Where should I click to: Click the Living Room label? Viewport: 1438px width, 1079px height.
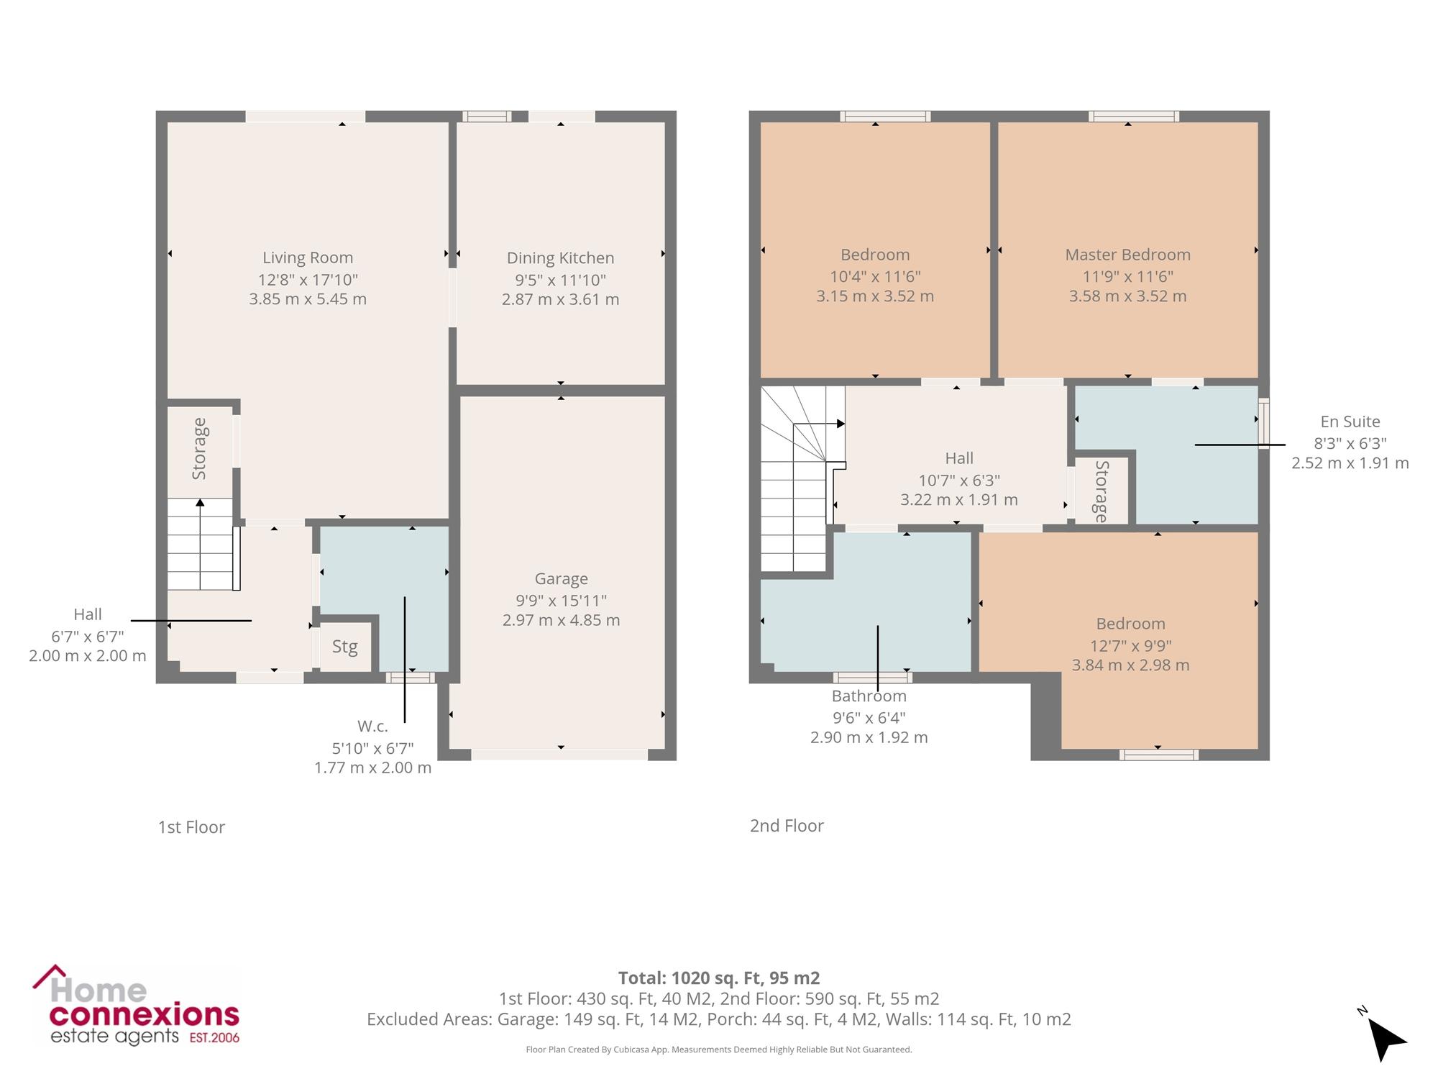[x=308, y=258]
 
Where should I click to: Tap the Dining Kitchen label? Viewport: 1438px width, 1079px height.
[x=560, y=258]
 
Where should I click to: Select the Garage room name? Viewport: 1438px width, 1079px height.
[x=561, y=579]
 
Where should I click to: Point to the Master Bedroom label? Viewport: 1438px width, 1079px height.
[x=1127, y=255]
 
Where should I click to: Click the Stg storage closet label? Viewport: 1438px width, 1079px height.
[x=345, y=647]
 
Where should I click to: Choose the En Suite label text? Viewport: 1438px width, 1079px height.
[x=1350, y=422]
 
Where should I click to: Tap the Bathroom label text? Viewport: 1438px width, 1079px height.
[x=869, y=696]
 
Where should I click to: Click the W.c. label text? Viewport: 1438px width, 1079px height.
[x=372, y=727]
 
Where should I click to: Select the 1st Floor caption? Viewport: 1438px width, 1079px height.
[x=191, y=827]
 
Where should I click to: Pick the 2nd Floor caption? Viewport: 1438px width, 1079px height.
[x=787, y=826]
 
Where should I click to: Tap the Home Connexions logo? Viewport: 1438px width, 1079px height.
[x=136, y=1006]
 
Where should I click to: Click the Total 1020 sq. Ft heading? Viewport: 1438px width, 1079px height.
[x=719, y=978]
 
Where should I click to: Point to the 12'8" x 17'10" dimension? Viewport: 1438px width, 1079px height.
[x=308, y=279]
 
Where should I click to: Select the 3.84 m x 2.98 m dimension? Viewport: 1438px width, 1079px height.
[x=1130, y=665]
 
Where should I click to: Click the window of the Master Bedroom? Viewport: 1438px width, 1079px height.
[x=1133, y=117]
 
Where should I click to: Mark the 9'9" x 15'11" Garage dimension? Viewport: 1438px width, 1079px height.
[x=561, y=601]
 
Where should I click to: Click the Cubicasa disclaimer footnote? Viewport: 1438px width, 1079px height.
[x=719, y=1050]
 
